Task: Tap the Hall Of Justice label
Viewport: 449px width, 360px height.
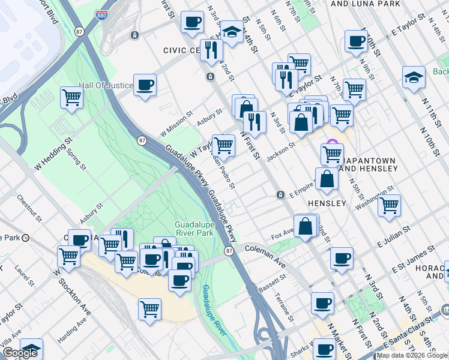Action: point(106,85)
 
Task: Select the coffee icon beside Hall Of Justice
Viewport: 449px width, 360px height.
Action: point(145,85)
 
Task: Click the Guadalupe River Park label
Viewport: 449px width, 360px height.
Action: point(194,229)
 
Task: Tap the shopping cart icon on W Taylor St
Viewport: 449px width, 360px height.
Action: point(223,144)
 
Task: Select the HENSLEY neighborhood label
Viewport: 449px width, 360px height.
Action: point(327,203)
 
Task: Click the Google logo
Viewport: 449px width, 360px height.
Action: point(19,353)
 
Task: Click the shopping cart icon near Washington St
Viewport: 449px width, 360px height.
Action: point(390,205)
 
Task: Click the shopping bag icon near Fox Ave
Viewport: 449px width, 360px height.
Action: point(306,227)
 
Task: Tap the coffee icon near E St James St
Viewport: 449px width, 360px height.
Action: point(342,258)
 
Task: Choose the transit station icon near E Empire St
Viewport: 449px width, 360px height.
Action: point(280,195)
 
